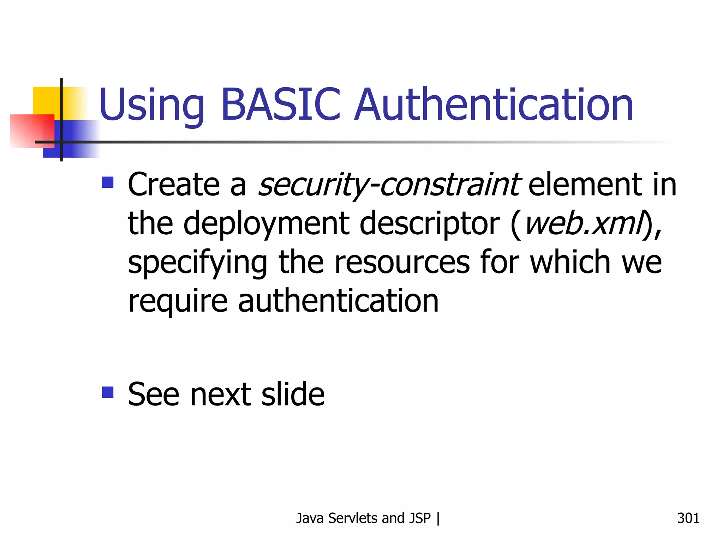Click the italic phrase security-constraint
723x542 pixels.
coord(388,185)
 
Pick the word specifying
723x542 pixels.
coord(198,263)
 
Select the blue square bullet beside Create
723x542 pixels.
coord(108,182)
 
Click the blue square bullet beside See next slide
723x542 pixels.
coord(108,392)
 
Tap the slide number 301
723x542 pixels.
coord(688,518)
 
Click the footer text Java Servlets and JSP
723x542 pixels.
coord(363,518)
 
